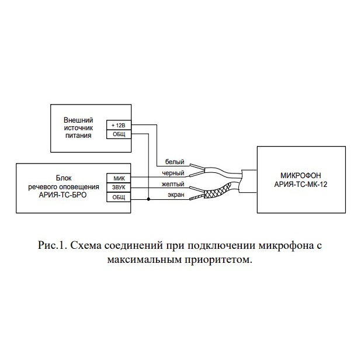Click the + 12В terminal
(119, 125)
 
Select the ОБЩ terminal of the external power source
(119, 134)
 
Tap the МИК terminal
(119, 178)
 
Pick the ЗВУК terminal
(119, 188)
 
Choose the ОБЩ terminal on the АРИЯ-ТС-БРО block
(119, 197)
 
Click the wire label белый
(175, 162)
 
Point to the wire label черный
(173, 173)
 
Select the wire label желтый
(173, 184)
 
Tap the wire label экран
(176, 195)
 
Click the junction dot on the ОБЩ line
(148, 199)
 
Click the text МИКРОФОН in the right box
(301, 175)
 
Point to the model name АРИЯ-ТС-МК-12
(301, 185)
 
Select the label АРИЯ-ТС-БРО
(63, 195)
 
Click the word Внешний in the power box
(78, 120)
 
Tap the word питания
(78, 136)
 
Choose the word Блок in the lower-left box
(64, 178)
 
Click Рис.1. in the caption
(52, 245)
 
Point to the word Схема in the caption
(86, 245)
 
